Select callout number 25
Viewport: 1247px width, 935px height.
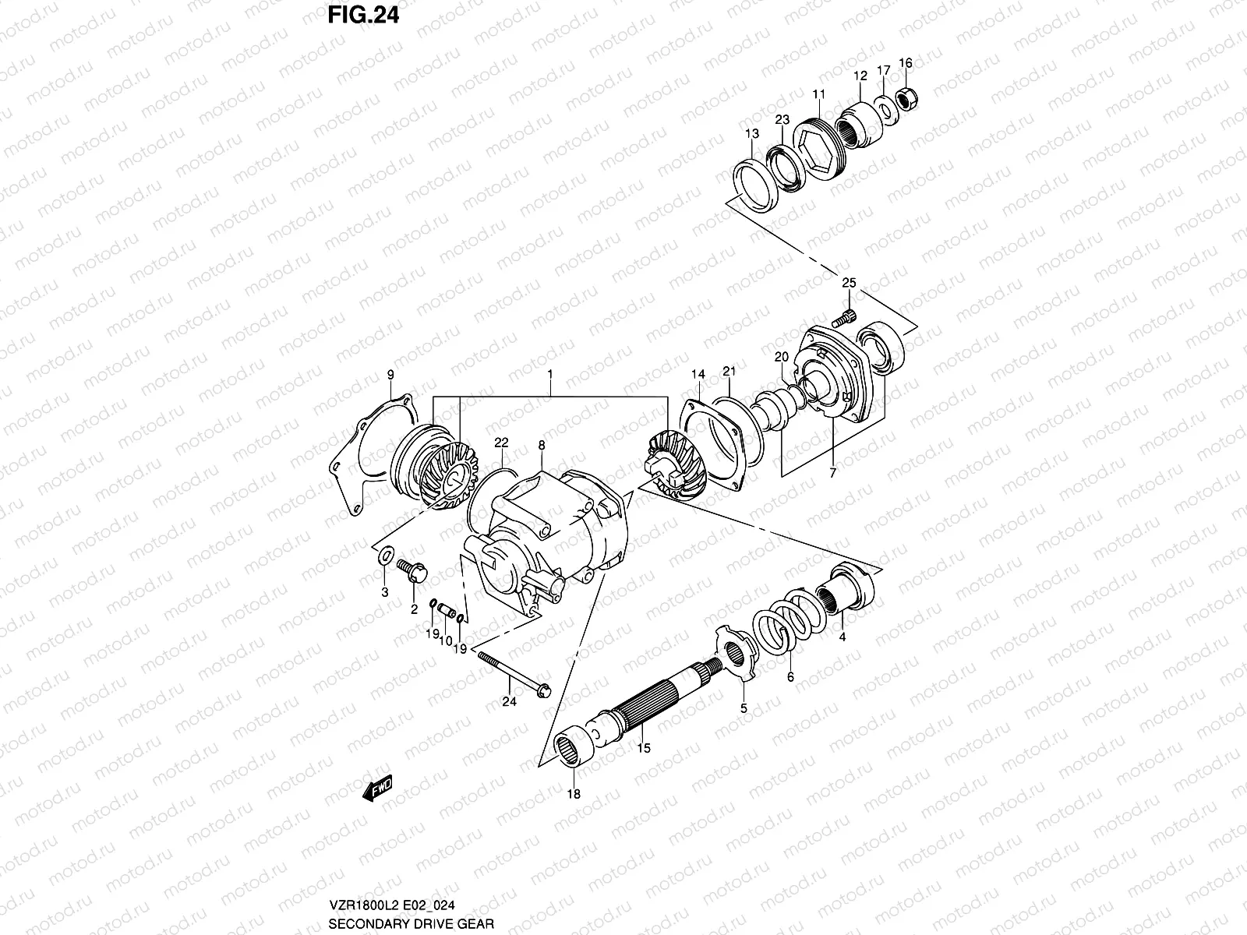(849, 283)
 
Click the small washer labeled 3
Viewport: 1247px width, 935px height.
(383, 558)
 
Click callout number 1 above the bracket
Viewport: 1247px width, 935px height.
(549, 374)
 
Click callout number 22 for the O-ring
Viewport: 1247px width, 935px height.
(501, 442)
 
